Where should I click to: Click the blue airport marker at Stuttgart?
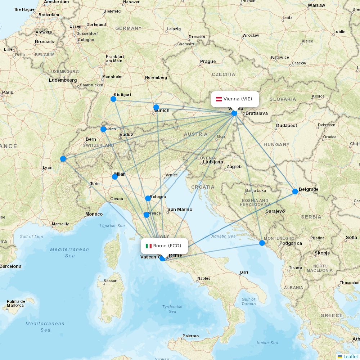point(113,99)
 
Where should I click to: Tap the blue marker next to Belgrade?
point(295,192)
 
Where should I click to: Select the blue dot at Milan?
point(115,177)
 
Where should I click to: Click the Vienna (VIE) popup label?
point(235,99)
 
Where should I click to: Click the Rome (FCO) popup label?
point(164,246)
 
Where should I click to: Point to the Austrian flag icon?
point(219,99)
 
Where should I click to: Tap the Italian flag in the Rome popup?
point(148,246)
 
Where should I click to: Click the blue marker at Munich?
point(156,107)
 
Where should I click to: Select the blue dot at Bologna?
point(148,198)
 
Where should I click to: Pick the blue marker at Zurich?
point(103,129)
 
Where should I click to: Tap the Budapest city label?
point(287,126)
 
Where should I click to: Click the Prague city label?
point(208,62)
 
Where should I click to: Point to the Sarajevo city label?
point(275,211)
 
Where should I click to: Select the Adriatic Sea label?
point(224,236)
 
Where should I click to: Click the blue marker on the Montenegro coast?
point(262,243)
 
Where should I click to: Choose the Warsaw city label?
point(316,5)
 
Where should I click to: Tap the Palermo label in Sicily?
point(190,336)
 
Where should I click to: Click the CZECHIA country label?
point(223,75)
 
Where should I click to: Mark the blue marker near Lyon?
point(63,159)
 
